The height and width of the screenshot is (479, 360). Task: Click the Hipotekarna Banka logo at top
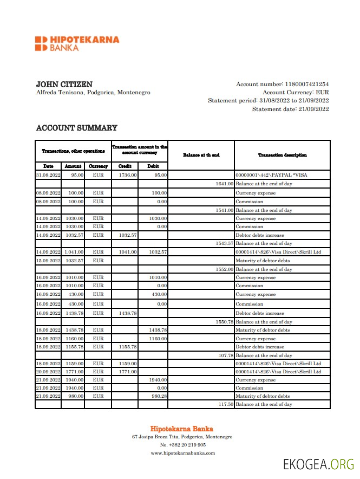[77, 43]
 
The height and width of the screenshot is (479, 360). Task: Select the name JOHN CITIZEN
[64, 85]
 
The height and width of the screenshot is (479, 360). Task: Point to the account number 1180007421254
[306, 84]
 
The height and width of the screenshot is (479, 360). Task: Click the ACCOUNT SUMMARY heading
[76, 128]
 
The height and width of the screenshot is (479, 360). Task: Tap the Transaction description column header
[282, 155]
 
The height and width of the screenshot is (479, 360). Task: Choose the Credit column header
[125, 166]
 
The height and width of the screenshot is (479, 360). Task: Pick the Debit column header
[153, 166]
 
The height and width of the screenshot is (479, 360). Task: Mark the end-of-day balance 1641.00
[224, 184]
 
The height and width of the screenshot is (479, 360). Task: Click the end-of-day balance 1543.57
[224, 243]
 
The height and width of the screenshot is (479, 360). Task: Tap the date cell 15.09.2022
[48, 261]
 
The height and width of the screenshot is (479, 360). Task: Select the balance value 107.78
[225, 355]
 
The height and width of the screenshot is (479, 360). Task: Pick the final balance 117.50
[225, 404]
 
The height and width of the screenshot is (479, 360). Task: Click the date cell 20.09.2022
[48, 372]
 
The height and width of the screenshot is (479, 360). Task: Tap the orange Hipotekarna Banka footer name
[181, 429]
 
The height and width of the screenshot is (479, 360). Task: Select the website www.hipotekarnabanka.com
[182, 453]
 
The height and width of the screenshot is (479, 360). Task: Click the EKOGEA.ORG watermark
[318, 464]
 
